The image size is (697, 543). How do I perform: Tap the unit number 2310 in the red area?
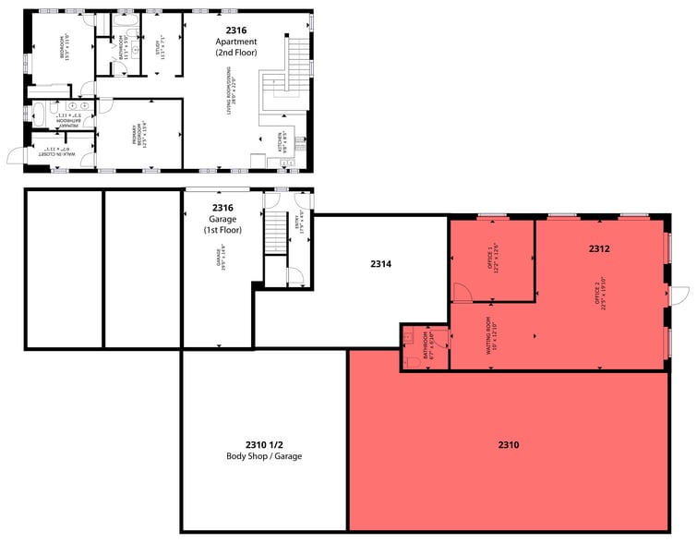509,445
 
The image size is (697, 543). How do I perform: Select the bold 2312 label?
600,249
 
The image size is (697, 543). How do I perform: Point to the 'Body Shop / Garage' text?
263,457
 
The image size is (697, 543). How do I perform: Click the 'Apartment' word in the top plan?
236,42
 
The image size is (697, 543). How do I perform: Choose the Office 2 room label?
601,294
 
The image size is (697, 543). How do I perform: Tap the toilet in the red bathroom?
411,360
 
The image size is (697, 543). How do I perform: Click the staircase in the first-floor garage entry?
277,232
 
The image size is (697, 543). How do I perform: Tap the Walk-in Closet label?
59,149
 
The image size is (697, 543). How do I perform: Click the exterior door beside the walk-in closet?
18,155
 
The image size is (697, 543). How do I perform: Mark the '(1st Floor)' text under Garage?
222,230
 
